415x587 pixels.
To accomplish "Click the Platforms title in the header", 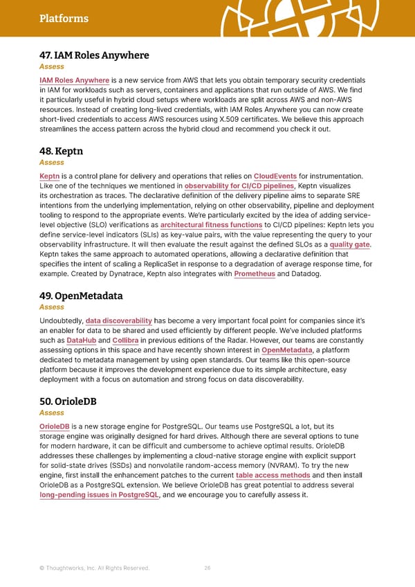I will click(x=64, y=19).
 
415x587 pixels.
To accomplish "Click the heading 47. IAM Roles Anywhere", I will click(x=94, y=55).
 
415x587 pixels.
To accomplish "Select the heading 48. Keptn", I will click(x=62, y=151).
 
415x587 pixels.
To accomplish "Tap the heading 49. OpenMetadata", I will click(x=81, y=296).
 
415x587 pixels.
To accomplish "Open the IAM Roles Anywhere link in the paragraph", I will click(x=75, y=80).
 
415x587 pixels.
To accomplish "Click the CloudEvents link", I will click(x=276, y=176).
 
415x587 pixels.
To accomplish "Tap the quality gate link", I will click(x=351, y=244).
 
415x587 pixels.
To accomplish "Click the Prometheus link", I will click(x=255, y=274).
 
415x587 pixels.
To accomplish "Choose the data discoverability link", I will click(x=119, y=320).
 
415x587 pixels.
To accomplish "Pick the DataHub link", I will click(x=82, y=340).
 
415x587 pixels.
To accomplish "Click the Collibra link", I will click(x=126, y=340).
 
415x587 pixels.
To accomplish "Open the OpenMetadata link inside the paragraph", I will click(x=287, y=350).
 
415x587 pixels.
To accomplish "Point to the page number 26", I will click(x=207, y=568).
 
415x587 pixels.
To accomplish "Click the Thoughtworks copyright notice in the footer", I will click(x=94, y=568).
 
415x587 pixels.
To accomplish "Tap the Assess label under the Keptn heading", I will click(x=52, y=163).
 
